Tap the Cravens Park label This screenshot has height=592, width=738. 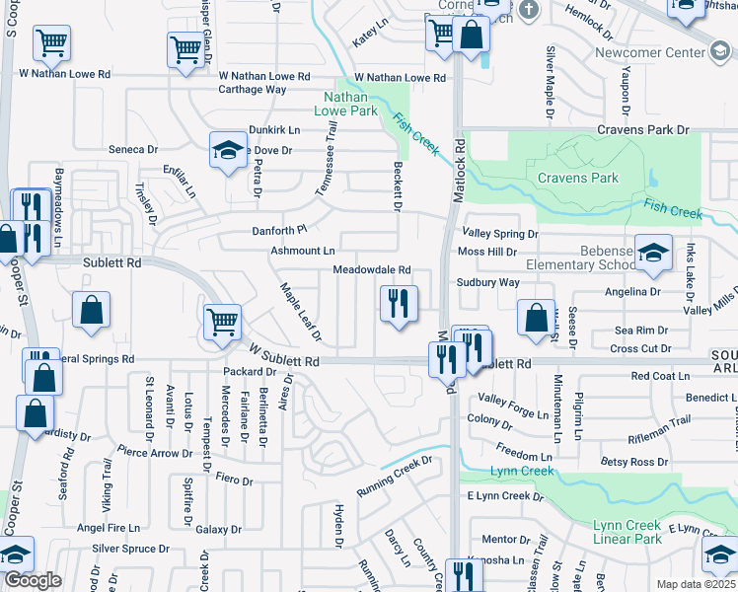pyautogui.click(x=578, y=178)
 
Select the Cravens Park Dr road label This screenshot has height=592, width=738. pyautogui.click(x=642, y=129)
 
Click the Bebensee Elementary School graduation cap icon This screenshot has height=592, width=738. pyautogui.click(x=653, y=254)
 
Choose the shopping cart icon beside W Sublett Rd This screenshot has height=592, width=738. pyautogui.click(x=222, y=323)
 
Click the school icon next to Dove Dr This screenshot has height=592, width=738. pyautogui.click(x=228, y=150)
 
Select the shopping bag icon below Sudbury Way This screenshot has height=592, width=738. pyautogui.click(x=536, y=318)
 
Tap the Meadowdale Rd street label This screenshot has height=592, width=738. pyautogui.click(x=371, y=269)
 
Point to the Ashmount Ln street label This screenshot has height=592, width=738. pyautogui.click(x=303, y=251)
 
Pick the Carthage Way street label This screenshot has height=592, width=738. pyautogui.click(x=253, y=89)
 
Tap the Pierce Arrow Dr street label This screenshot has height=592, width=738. pyautogui.click(x=155, y=453)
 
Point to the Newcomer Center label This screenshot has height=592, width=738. pyautogui.click(x=651, y=51)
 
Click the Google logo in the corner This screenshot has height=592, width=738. pyautogui.click(x=32, y=580)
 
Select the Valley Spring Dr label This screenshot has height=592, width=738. pyautogui.click(x=500, y=234)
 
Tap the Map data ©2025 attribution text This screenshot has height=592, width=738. pyautogui.click(x=696, y=584)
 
